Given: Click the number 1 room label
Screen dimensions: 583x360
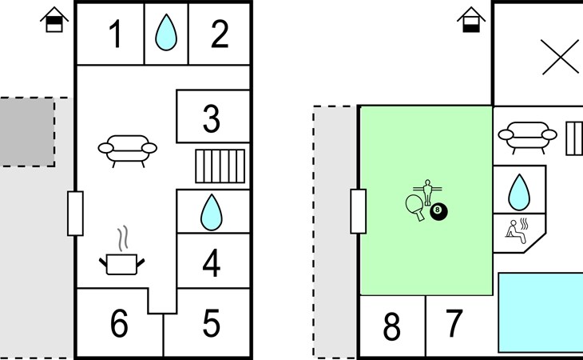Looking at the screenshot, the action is point(116,34).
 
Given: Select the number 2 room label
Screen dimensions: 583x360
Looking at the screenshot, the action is point(220,34).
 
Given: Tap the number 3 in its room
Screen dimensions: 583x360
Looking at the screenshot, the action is point(212,118).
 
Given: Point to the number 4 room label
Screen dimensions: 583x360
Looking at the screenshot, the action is point(212,263).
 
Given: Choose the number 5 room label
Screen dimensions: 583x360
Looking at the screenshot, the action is point(211,322).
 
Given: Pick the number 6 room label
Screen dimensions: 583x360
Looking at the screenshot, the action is point(119,322).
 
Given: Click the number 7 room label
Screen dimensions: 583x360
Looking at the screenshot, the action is point(454,322).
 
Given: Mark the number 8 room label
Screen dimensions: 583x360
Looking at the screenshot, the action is point(392,326).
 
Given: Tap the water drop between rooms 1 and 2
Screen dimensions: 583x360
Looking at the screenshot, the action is point(166,32).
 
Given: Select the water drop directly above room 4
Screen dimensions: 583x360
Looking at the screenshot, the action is point(211,212).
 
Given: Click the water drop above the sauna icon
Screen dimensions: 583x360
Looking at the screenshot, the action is point(519,192).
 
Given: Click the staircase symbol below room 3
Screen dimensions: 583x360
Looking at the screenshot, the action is point(220,166).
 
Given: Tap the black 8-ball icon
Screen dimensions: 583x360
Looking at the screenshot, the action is point(438,211).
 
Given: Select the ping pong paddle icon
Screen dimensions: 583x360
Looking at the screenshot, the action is point(415,207).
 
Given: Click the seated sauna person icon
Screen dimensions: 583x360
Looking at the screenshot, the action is point(517,231).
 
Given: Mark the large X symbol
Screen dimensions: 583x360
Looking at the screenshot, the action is point(560,57).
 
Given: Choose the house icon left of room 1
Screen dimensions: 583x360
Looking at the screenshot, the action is point(54,19).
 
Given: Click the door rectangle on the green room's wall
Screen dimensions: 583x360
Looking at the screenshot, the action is point(359,211).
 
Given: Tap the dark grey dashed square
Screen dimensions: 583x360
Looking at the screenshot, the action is point(27,132).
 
